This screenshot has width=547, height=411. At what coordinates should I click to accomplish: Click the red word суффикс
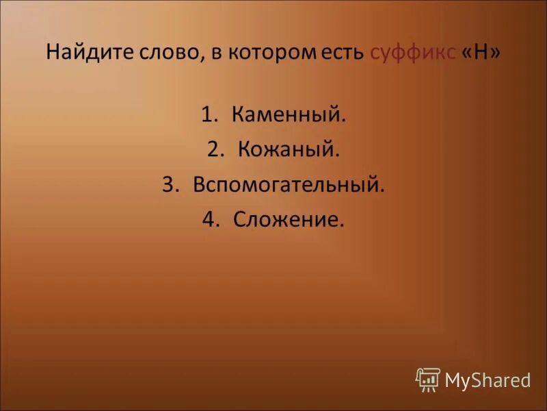tap(412, 53)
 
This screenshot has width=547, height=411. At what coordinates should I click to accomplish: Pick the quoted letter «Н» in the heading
tap(481, 53)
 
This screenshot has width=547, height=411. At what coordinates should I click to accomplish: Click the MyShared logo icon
tap(427, 379)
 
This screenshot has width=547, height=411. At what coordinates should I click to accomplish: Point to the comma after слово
tap(203, 60)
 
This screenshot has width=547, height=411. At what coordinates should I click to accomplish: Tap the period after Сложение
tap(341, 226)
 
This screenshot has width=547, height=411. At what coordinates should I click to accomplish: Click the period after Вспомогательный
tap(382, 191)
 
